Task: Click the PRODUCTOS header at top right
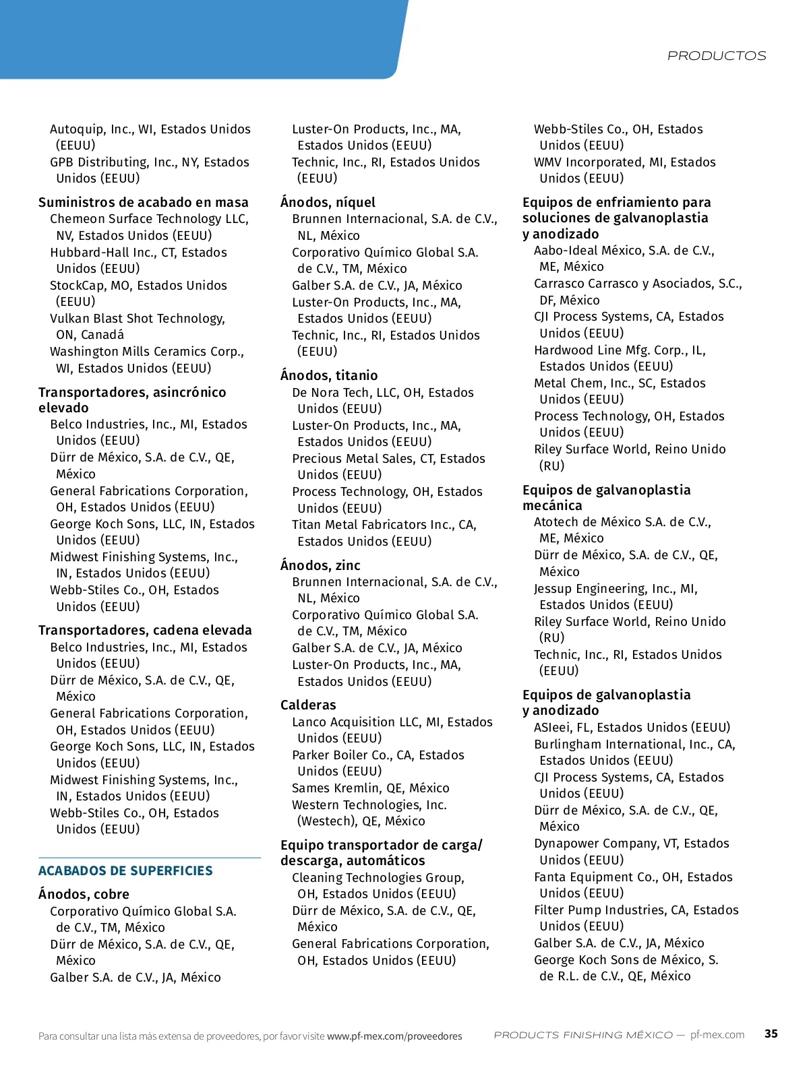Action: click(716, 56)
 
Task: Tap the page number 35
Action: click(771, 1034)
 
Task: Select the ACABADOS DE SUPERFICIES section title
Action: click(125, 870)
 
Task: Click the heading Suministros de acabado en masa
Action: click(144, 202)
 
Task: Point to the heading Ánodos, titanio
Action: click(329, 375)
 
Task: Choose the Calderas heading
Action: click(308, 705)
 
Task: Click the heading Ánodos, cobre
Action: click(84, 894)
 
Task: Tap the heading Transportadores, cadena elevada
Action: click(145, 630)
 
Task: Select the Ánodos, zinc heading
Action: click(320, 565)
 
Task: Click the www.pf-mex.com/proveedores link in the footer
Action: click(394, 1036)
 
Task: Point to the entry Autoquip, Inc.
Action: click(150, 129)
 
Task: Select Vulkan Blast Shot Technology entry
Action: click(138, 319)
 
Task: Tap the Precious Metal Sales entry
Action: click(388, 459)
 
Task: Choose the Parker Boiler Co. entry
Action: click(378, 755)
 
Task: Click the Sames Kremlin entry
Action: click(370, 788)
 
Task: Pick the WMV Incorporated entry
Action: click(624, 162)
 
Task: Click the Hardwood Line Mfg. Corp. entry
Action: click(620, 350)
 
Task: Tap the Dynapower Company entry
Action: click(631, 844)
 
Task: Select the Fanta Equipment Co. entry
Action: click(633, 877)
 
